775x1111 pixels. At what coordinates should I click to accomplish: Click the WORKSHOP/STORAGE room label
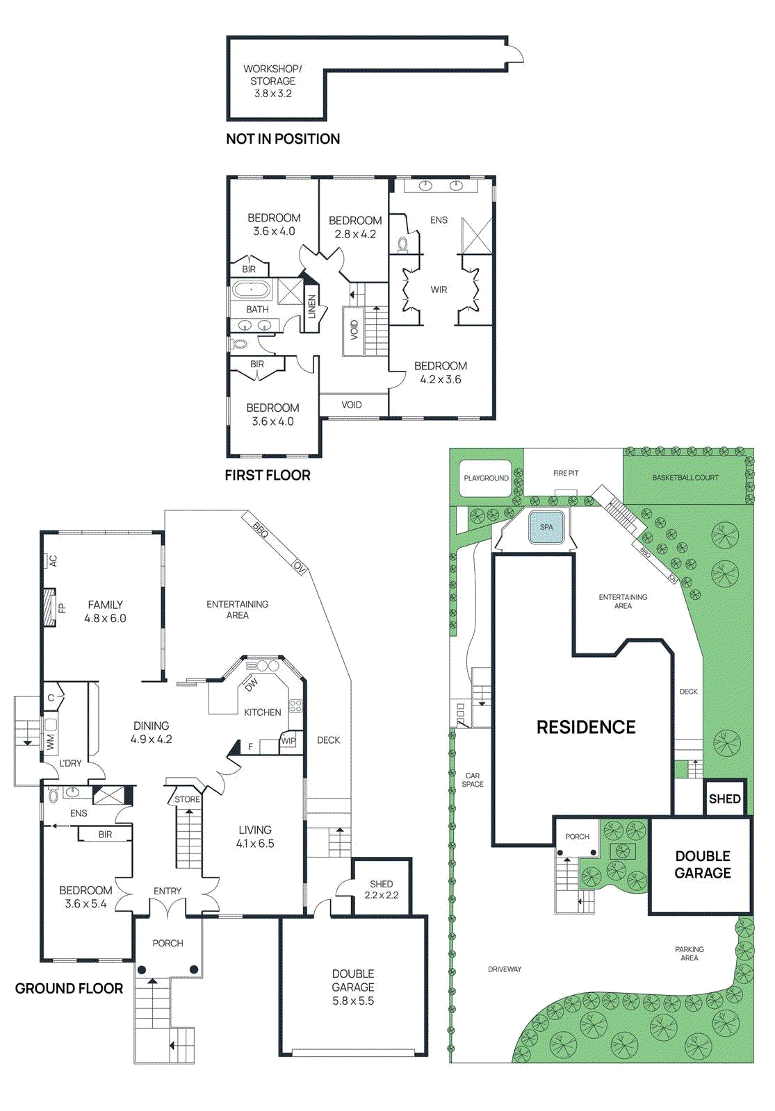point(272,81)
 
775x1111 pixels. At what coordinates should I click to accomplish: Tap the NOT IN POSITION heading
point(283,139)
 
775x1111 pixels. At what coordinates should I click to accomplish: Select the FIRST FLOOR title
point(268,476)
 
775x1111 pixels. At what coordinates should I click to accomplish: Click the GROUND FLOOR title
point(69,989)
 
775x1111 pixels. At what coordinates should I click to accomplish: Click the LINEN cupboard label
point(312,307)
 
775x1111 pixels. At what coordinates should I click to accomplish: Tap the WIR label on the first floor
point(439,290)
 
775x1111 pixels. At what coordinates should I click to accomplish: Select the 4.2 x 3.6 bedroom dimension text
point(441,380)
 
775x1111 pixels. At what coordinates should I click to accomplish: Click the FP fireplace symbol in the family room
point(49,608)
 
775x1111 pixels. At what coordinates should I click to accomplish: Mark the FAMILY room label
point(105,605)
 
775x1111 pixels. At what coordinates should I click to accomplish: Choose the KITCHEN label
point(262,712)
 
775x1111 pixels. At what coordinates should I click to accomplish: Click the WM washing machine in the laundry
point(50,742)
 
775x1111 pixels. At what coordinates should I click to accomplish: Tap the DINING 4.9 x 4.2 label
point(151,733)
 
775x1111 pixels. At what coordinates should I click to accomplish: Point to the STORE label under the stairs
point(187,799)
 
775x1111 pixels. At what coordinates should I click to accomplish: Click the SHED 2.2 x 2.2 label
point(381,889)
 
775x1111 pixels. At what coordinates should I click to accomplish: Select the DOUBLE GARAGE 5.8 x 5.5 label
point(353,987)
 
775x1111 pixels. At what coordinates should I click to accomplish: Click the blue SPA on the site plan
point(547,528)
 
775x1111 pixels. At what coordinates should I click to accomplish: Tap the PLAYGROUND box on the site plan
point(486,478)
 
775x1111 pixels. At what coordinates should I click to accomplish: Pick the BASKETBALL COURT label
point(685,478)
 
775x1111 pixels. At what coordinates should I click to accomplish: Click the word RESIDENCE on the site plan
point(586,727)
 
